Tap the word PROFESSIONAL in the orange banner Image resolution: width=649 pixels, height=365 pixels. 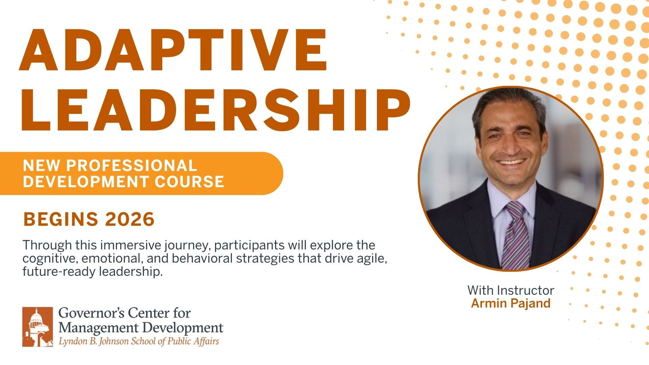click(x=131, y=166)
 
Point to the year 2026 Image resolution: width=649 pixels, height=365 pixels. click(x=130, y=219)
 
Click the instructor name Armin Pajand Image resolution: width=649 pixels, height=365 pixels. click(x=511, y=303)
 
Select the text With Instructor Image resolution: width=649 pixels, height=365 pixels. click(x=511, y=290)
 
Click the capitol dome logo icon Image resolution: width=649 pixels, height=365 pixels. click(x=38, y=326)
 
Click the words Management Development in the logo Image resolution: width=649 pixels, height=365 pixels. click(x=141, y=327)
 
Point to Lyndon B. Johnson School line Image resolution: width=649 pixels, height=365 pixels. click(x=139, y=341)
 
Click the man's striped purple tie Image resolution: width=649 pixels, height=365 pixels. click(x=515, y=237)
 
